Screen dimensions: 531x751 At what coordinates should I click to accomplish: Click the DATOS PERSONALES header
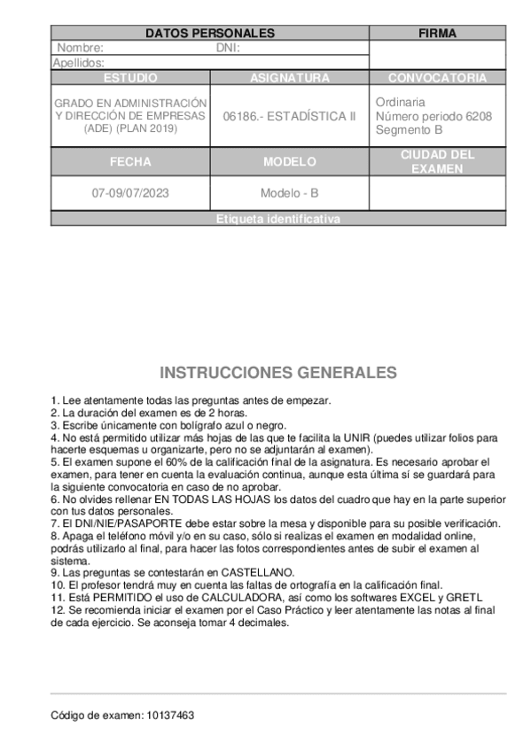click(209, 34)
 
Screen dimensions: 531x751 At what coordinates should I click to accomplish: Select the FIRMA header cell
click(437, 34)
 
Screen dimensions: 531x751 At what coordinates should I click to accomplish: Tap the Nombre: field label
click(80, 48)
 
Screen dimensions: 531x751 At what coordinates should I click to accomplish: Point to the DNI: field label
click(229, 48)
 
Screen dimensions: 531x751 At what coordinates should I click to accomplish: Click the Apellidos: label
click(79, 63)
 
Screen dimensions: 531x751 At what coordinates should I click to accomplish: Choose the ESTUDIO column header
click(130, 78)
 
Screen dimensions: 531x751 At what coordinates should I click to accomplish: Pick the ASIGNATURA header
click(289, 78)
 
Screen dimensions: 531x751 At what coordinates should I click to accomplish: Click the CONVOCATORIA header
click(437, 78)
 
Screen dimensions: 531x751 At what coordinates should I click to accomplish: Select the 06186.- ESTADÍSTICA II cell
click(289, 116)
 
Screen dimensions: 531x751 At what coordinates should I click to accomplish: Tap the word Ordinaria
click(400, 102)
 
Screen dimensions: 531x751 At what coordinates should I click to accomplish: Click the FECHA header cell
click(130, 162)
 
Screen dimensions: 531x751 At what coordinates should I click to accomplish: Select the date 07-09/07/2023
click(130, 193)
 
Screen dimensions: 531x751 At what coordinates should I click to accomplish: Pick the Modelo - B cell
click(289, 193)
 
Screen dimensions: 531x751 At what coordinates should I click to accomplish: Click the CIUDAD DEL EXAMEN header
click(437, 161)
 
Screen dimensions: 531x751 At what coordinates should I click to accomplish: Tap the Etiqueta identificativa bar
click(277, 220)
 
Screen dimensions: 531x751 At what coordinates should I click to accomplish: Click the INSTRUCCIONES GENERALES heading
click(277, 372)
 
